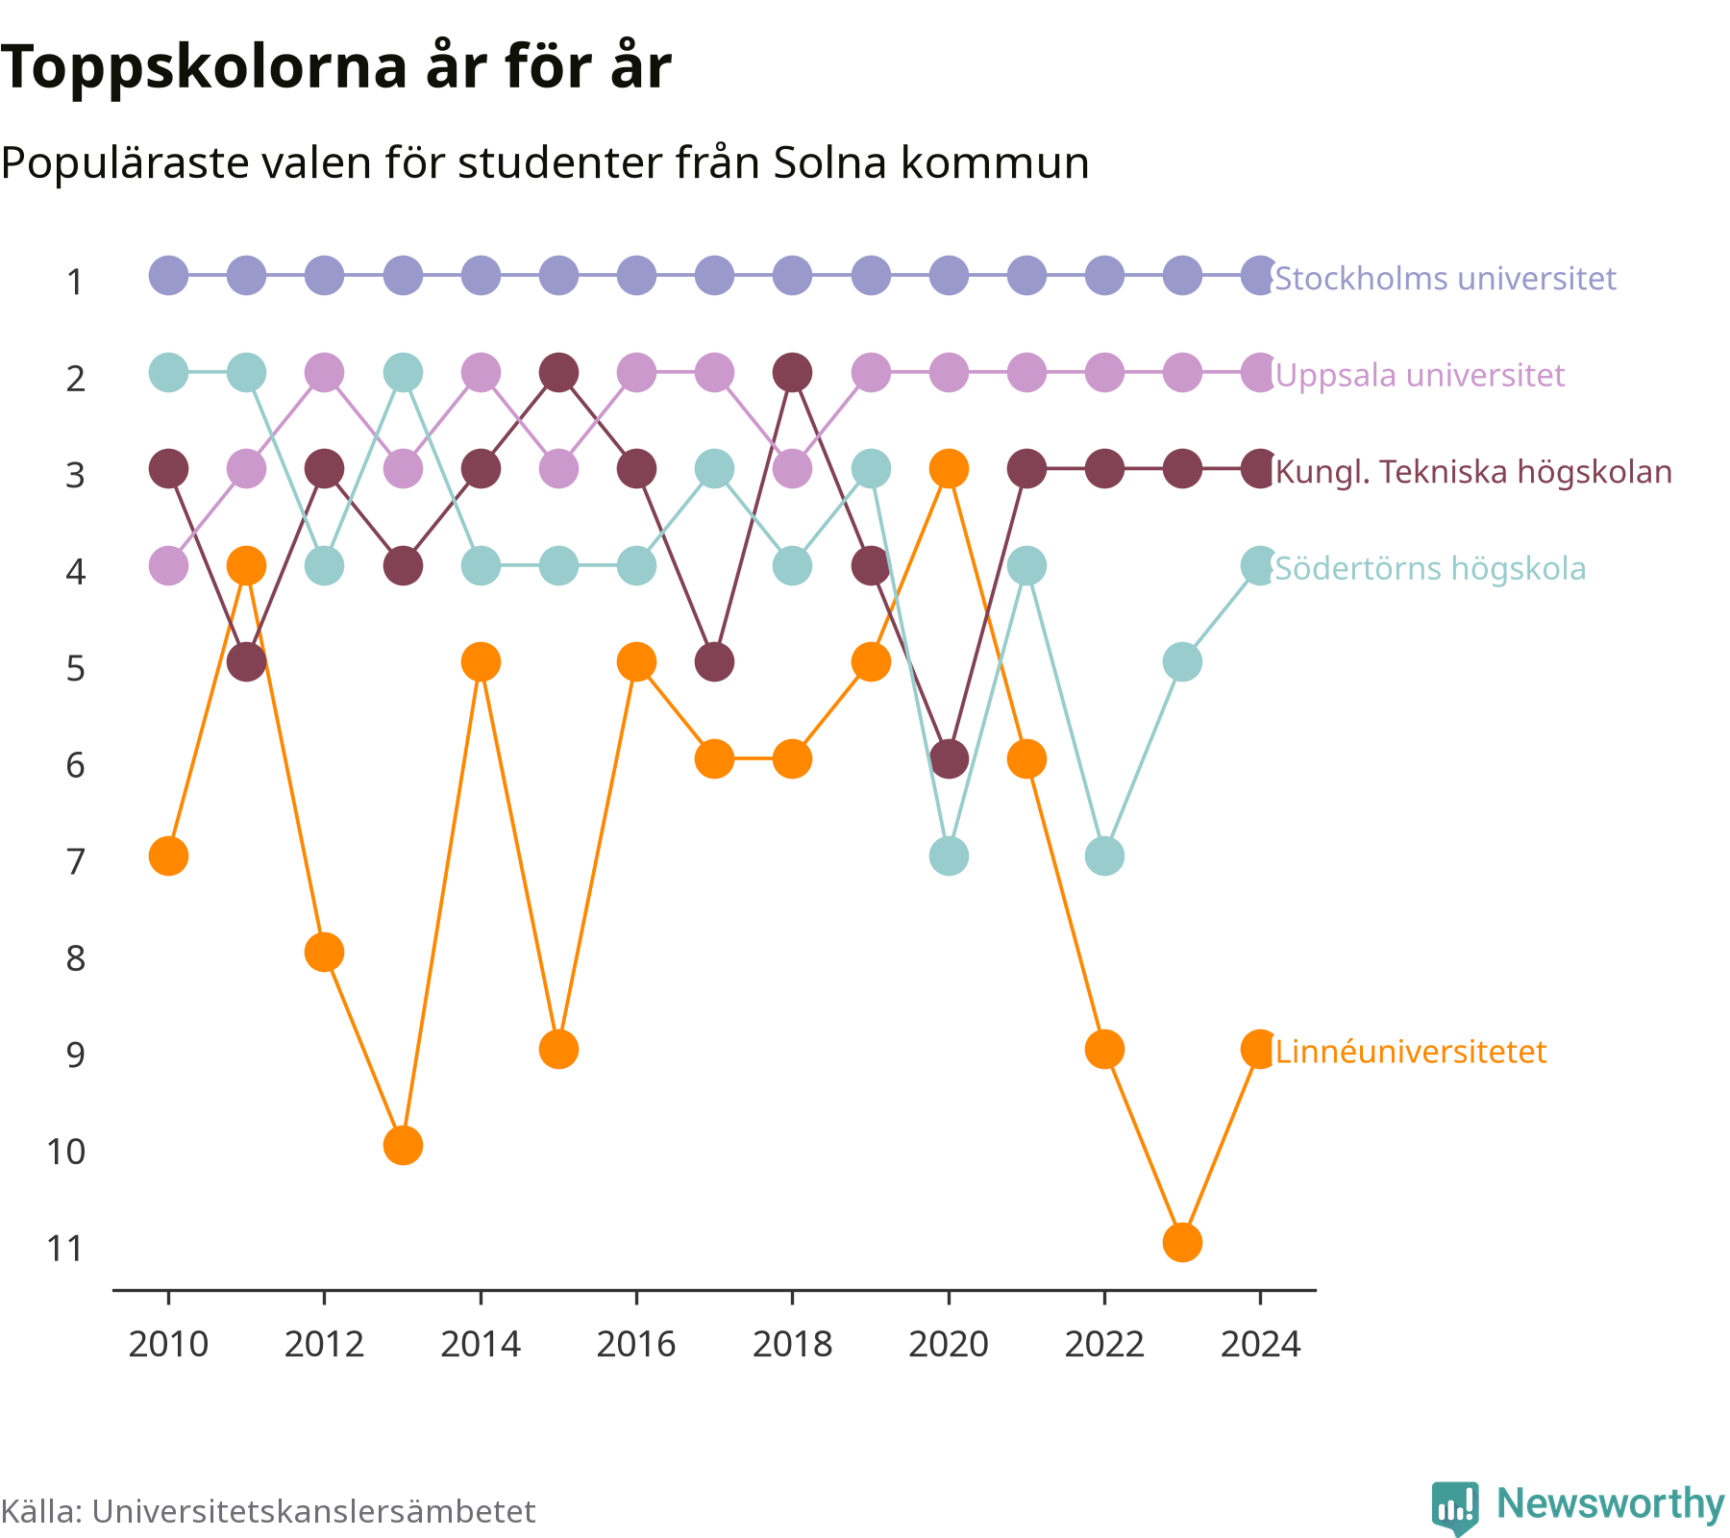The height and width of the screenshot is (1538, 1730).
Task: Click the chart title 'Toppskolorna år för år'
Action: [335, 68]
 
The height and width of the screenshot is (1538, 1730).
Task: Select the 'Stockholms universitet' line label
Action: [1446, 279]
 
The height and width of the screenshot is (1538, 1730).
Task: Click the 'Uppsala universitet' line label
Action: [1420, 375]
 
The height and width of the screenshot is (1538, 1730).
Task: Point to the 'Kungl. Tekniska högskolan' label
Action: [1473, 472]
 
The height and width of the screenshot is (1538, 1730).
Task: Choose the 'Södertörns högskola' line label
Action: [1430, 569]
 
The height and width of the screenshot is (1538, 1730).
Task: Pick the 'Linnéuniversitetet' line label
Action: [1411, 1052]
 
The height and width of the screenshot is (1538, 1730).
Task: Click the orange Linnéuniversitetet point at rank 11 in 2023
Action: [1182, 1243]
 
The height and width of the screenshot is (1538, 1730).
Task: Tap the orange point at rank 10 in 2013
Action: [403, 1146]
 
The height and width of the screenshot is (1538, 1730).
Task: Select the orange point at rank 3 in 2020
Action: [949, 469]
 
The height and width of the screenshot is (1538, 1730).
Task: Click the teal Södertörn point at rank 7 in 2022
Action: [1104, 856]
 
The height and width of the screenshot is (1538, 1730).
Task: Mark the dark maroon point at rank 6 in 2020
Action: [949, 759]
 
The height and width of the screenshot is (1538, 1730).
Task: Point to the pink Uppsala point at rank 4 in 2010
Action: [168, 566]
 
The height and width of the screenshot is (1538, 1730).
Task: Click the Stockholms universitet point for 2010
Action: [168, 276]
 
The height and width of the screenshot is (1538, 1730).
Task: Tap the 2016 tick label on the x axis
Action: [636, 1344]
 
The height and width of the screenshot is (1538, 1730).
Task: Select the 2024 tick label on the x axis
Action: [1260, 1344]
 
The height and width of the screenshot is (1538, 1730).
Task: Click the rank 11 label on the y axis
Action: [66, 1249]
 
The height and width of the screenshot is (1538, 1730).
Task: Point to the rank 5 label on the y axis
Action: [76, 668]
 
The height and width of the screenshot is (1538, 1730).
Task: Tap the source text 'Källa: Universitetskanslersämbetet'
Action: [268, 1511]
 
